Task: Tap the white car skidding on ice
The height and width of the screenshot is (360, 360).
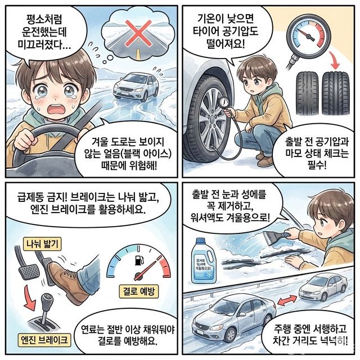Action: tap(135, 86)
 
